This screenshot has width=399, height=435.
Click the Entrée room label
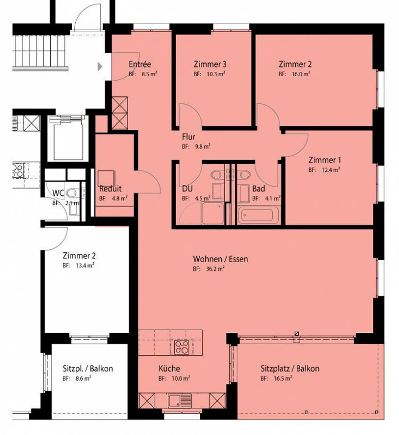(x=140, y=64)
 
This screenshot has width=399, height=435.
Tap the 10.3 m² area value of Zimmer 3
(x=216, y=74)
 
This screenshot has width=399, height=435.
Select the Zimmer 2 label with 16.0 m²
(x=295, y=64)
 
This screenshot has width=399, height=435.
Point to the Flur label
(x=188, y=137)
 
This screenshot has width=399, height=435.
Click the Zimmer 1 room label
(x=325, y=160)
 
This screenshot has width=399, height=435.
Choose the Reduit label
(x=110, y=189)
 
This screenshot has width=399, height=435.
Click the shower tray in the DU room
(x=213, y=213)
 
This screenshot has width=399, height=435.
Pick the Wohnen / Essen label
(x=220, y=259)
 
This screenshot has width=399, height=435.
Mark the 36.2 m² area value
(x=215, y=269)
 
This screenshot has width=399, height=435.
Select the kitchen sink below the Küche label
(x=180, y=400)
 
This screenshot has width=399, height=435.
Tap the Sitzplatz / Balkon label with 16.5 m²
(x=290, y=369)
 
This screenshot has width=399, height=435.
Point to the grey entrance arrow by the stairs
(x=100, y=67)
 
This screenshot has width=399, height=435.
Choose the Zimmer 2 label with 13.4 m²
(x=79, y=256)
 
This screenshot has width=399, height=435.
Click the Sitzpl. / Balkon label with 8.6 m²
(x=88, y=369)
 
